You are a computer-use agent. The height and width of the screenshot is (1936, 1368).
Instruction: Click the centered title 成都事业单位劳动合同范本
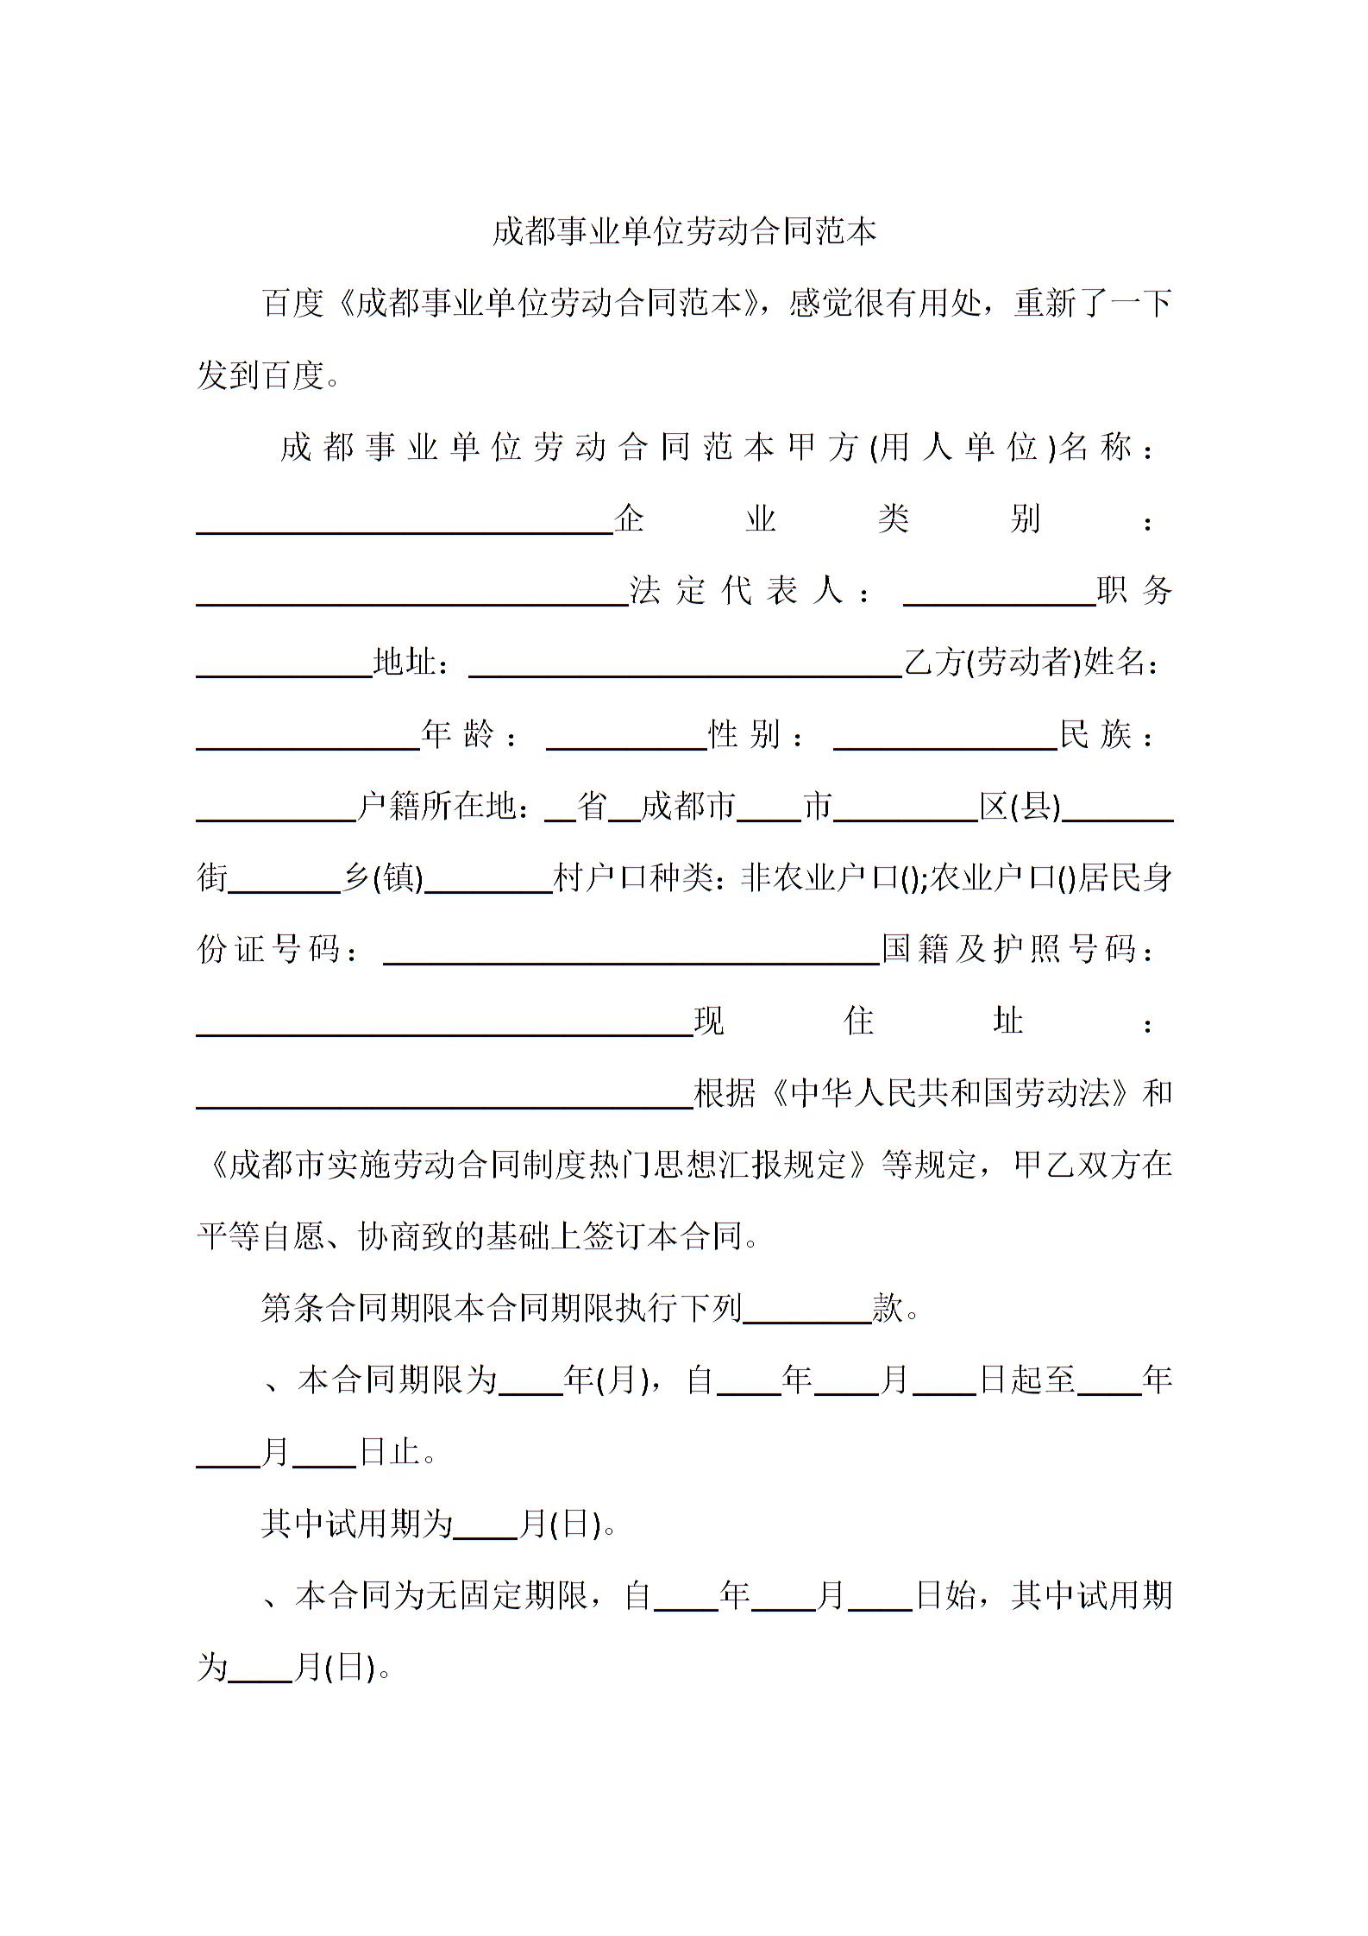684,231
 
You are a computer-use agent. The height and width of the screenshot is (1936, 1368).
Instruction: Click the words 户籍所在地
436,807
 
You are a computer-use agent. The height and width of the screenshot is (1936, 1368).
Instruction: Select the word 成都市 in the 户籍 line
688,807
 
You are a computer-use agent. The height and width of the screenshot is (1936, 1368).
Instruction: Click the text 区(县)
1020,807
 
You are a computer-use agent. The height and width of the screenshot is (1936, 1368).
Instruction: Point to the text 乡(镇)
384,878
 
